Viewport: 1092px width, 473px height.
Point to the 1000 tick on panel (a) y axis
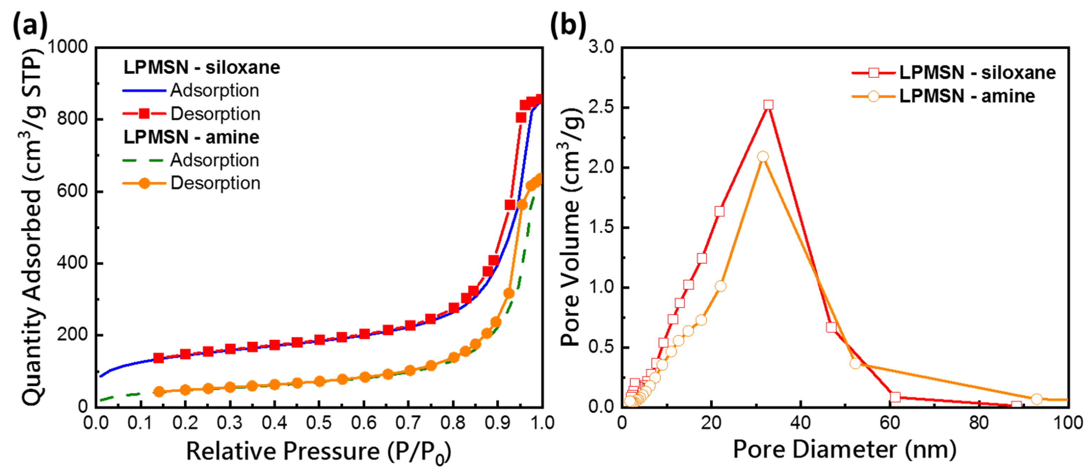click(68, 47)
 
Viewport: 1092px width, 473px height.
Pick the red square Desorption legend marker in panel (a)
click(144, 114)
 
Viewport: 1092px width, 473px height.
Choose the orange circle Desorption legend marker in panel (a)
click(144, 183)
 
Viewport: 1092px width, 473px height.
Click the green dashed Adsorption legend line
click(143, 160)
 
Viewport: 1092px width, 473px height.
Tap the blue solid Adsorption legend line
click(143, 91)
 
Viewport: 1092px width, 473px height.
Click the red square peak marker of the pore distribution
click(768, 105)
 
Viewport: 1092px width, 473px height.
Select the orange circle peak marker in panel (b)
click(763, 156)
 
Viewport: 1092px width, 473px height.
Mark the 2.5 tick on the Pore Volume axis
click(601, 107)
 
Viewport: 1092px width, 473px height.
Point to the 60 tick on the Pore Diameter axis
click(890, 423)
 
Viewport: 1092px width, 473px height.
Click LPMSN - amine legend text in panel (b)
click(967, 96)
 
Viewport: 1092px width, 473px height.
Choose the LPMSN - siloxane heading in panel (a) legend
click(202, 68)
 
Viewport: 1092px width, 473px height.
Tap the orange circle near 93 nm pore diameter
click(1036, 399)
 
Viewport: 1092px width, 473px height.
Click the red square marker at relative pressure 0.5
click(319, 340)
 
